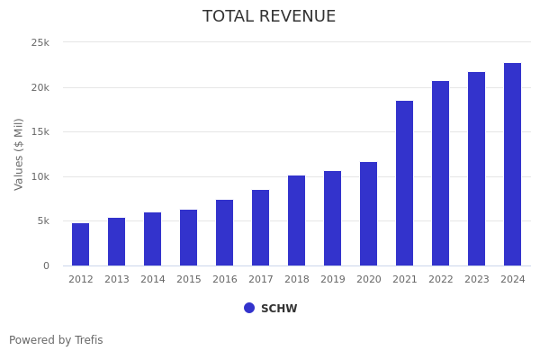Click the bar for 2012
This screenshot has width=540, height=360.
81,244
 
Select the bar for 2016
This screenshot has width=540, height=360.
225,232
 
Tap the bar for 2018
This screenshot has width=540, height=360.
297,220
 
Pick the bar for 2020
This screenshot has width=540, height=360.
369,213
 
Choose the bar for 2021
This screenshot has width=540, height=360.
405,183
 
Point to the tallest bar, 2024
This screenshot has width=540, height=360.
513,164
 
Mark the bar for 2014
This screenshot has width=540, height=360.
153,238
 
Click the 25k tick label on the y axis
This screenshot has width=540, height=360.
40,42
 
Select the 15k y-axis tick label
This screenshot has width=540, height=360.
40,131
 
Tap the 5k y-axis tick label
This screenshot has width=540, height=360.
42,220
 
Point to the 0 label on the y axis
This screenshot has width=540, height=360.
46,265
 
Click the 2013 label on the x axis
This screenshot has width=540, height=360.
117,279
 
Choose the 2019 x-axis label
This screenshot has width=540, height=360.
333,279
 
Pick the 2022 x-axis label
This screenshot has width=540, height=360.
441,279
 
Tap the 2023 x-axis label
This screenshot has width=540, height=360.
477,279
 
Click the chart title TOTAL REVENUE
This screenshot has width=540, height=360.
269,17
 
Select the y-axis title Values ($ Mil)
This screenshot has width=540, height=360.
19,154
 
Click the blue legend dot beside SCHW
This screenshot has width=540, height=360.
249,308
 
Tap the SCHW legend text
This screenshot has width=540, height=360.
279,309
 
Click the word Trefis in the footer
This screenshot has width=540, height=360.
87,340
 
